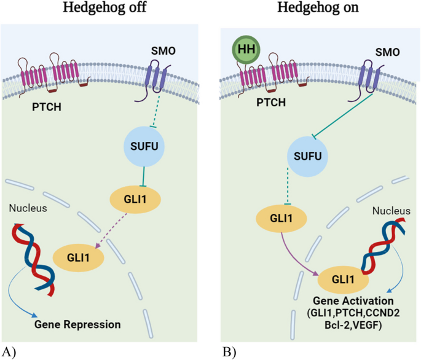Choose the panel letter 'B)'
click(x=229, y=351)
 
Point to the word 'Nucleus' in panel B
click(x=391, y=211)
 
